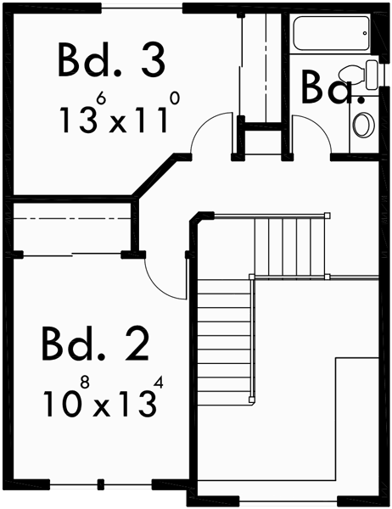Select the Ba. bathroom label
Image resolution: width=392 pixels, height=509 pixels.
pyautogui.click(x=333, y=87)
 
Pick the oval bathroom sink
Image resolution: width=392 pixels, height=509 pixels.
pyautogui.click(x=362, y=125)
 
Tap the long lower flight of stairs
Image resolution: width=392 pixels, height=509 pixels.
pyautogui.click(x=226, y=339)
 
